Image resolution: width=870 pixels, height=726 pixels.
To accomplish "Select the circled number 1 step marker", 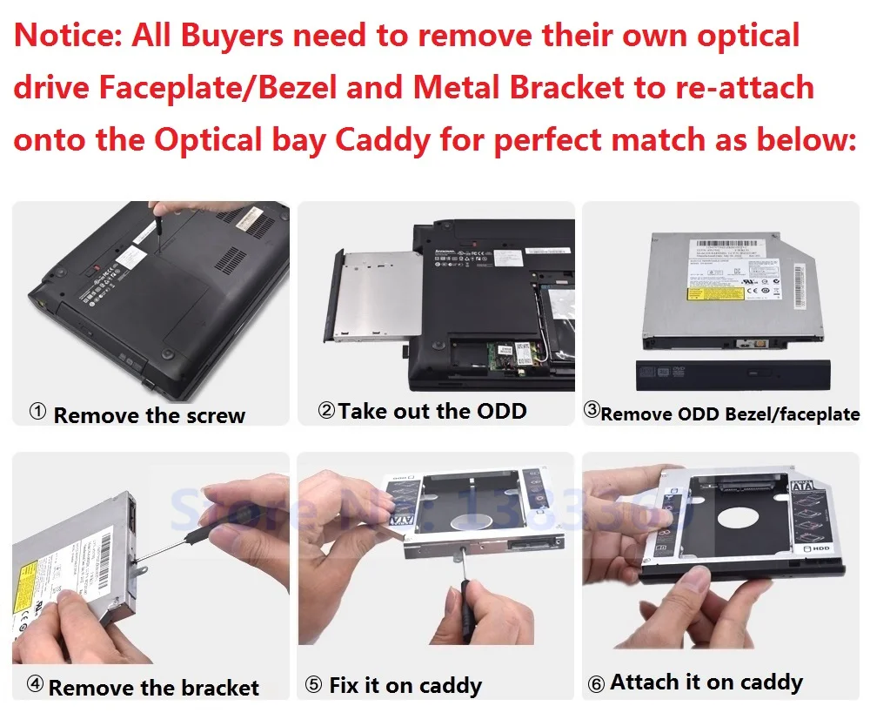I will [x=37, y=413].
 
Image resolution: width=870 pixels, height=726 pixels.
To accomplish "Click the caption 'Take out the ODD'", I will [x=432, y=411].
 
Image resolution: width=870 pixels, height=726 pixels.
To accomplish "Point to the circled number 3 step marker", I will [x=592, y=411].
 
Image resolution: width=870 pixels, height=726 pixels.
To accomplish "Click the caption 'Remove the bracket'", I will [x=153, y=688].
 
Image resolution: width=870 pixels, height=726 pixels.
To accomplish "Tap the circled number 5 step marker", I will [x=314, y=686].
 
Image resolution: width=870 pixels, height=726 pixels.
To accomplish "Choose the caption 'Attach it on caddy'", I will [x=706, y=682].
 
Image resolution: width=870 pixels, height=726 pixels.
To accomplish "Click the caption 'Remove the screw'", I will [x=149, y=415].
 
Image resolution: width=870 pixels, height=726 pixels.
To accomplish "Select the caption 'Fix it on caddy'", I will [x=405, y=686].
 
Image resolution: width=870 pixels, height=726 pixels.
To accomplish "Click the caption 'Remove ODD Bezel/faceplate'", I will [x=729, y=414].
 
